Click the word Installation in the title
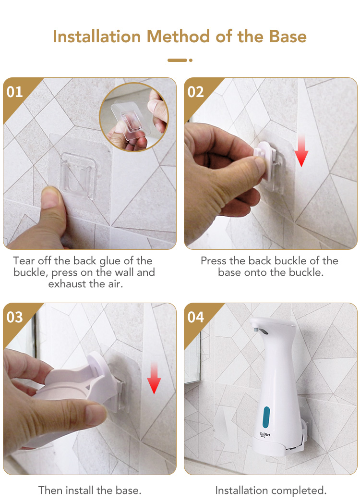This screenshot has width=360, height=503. [97, 36]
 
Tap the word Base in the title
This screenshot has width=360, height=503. [288, 36]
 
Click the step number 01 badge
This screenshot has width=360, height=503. [15, 92]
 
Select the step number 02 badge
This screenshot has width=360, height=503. [195, 92]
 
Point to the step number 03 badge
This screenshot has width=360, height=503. [15, 317]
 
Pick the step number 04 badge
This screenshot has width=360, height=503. [195, 317]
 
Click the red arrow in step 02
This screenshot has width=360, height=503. [301, 150]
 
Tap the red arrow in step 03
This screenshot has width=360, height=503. [154, 378]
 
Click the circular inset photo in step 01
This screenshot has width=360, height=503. [134, 117]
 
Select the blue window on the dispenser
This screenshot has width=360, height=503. [266, 417]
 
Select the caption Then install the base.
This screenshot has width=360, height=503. [90, 490]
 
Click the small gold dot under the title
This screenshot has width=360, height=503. [191, 60]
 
